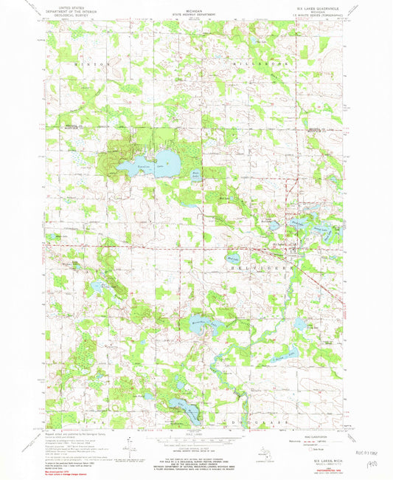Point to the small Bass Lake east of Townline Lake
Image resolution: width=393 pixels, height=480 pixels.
tap(195, 175)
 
